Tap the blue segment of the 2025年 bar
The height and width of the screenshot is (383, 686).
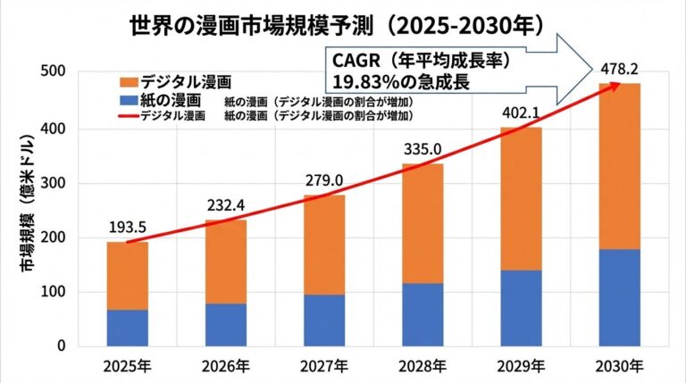coord(128,328)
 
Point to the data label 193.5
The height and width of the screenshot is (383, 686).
coord(128,227)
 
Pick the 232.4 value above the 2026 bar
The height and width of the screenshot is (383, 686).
coord(225,204)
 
